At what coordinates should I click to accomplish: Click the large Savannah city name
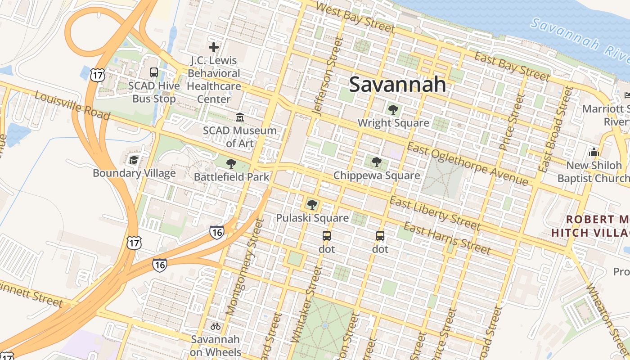[x=397, y=85]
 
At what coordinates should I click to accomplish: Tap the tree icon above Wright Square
[x=393, y=109]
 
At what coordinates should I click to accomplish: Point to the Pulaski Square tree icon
[x=312, y=205]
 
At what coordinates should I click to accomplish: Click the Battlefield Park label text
[x=231, y=177]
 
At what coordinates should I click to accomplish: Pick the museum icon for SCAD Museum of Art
[x=239, y=117]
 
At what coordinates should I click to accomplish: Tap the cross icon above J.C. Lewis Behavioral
[x=214, y=47]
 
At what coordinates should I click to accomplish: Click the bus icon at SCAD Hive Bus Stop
[x=153, y=72]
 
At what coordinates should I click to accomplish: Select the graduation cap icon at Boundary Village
[x=134, y=160]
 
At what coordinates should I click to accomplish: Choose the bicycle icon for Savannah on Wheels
[x=216, y=326]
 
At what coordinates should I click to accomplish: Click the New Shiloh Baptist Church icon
[x=594, y=152]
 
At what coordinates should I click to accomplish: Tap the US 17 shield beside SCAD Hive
[x=97, y=75]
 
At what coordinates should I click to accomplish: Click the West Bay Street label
[x=355, y=18]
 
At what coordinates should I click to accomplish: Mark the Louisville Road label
[x=72, y=106]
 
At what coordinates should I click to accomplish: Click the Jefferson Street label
[x=326, y=76]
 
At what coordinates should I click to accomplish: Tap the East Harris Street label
[x=446, y=238]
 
